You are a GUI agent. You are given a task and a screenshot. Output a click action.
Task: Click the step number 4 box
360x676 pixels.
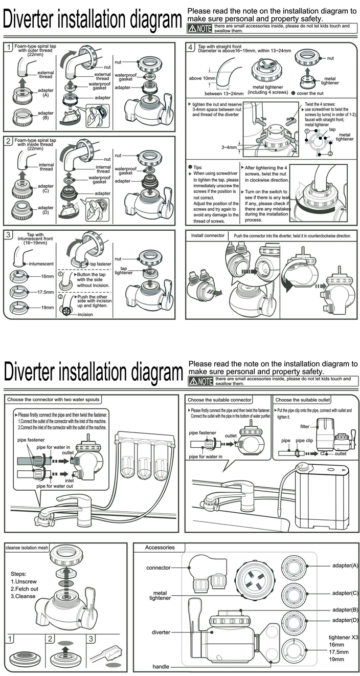click(x=191, y=48)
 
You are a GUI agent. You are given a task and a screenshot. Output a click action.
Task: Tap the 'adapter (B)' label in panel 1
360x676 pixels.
click(x=46, y=115)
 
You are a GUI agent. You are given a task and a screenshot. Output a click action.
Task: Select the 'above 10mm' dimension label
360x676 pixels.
click(x=202, y=78)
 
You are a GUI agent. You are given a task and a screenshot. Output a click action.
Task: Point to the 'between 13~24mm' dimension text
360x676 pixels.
click(x=224, y=93)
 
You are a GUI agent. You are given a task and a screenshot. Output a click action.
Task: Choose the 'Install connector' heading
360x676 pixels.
click(x=208, y=236)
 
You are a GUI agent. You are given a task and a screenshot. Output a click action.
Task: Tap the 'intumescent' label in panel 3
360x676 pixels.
click(x=41, y=264)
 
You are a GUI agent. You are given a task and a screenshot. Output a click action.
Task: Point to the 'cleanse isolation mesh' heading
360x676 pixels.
click(x=27, y=548)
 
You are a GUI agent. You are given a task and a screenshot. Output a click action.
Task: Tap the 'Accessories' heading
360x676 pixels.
click(x=160, y=548)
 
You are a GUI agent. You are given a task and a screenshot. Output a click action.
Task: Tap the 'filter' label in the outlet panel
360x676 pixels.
click(x=304, y=426)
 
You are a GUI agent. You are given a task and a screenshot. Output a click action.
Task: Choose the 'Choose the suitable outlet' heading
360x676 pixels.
click(x=303, y=400)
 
